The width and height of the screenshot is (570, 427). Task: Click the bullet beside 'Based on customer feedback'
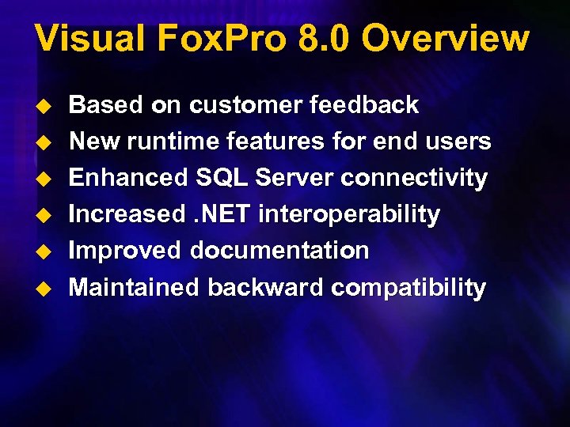click(x=45, y=105)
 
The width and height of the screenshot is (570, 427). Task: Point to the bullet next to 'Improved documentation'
click(x=45, y=251)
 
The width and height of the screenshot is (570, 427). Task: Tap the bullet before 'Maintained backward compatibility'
click(x=45, y=288)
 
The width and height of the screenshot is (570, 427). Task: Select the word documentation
click(x=279, y=251)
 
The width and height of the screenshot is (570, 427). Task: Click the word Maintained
click(x=134, y=287)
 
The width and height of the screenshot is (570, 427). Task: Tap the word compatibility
click(x=408, y=288)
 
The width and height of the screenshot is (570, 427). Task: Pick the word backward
click(x=265, y=287)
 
